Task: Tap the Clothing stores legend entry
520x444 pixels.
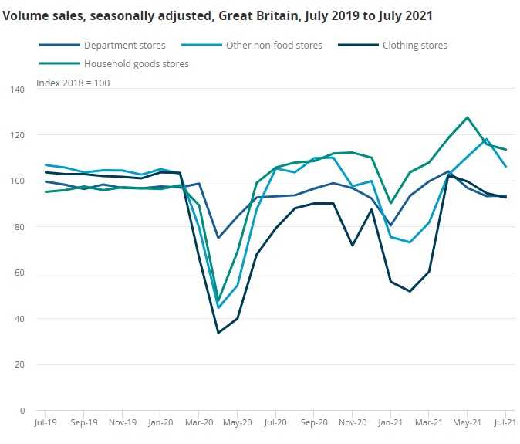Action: [414, 46]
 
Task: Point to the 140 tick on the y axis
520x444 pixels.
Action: [19, 90]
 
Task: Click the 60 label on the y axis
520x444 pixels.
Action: [21, 273]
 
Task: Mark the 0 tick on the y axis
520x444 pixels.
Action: [23, 410]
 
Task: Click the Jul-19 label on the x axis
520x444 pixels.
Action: [46, 424]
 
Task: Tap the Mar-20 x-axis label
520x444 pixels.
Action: [199, 424]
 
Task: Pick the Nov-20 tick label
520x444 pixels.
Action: [352, 424]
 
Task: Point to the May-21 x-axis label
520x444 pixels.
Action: [467, 424]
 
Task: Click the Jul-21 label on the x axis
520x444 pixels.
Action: [504, 424]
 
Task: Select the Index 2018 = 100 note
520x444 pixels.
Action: [73, 83]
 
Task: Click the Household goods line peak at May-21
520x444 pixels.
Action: [467, 117]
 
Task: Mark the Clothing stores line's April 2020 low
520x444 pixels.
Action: [218, 333]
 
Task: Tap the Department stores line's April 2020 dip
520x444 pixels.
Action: [218, 238]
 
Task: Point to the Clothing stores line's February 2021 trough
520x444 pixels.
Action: [410, 291]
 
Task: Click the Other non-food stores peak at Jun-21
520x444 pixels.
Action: [486, 140]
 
